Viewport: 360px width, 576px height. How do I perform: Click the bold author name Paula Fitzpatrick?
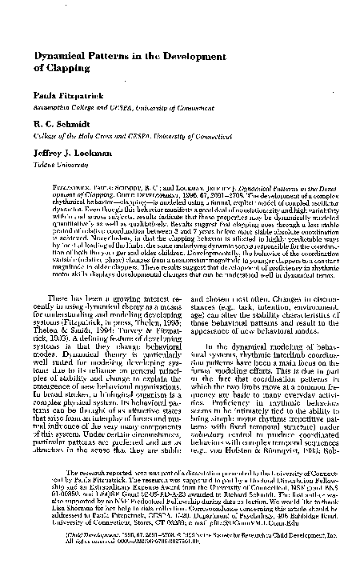pyautogui.click(x=66, y=95)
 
